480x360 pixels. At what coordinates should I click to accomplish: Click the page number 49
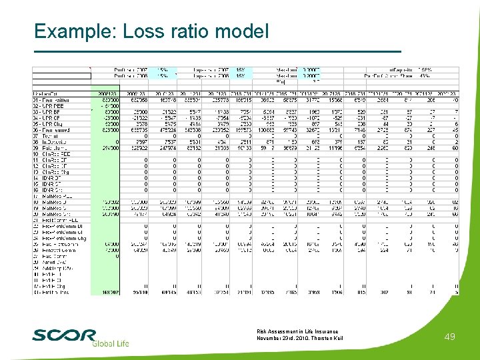click(x=449, y=337)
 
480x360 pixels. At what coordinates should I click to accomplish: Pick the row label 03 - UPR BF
click(x=48, y=111)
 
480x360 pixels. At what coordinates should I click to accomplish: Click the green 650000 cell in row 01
click(x=110, y=100)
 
